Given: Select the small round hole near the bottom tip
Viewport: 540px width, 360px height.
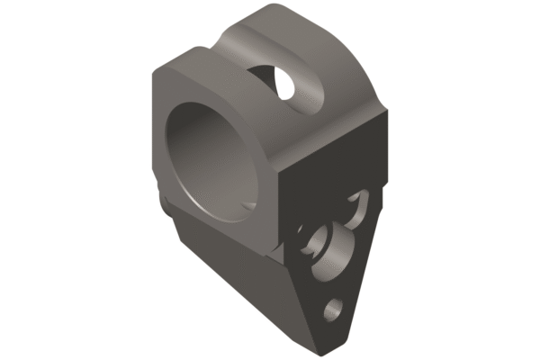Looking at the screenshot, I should pos(333,309).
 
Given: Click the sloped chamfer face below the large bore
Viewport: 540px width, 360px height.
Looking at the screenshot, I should pos(225,270).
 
